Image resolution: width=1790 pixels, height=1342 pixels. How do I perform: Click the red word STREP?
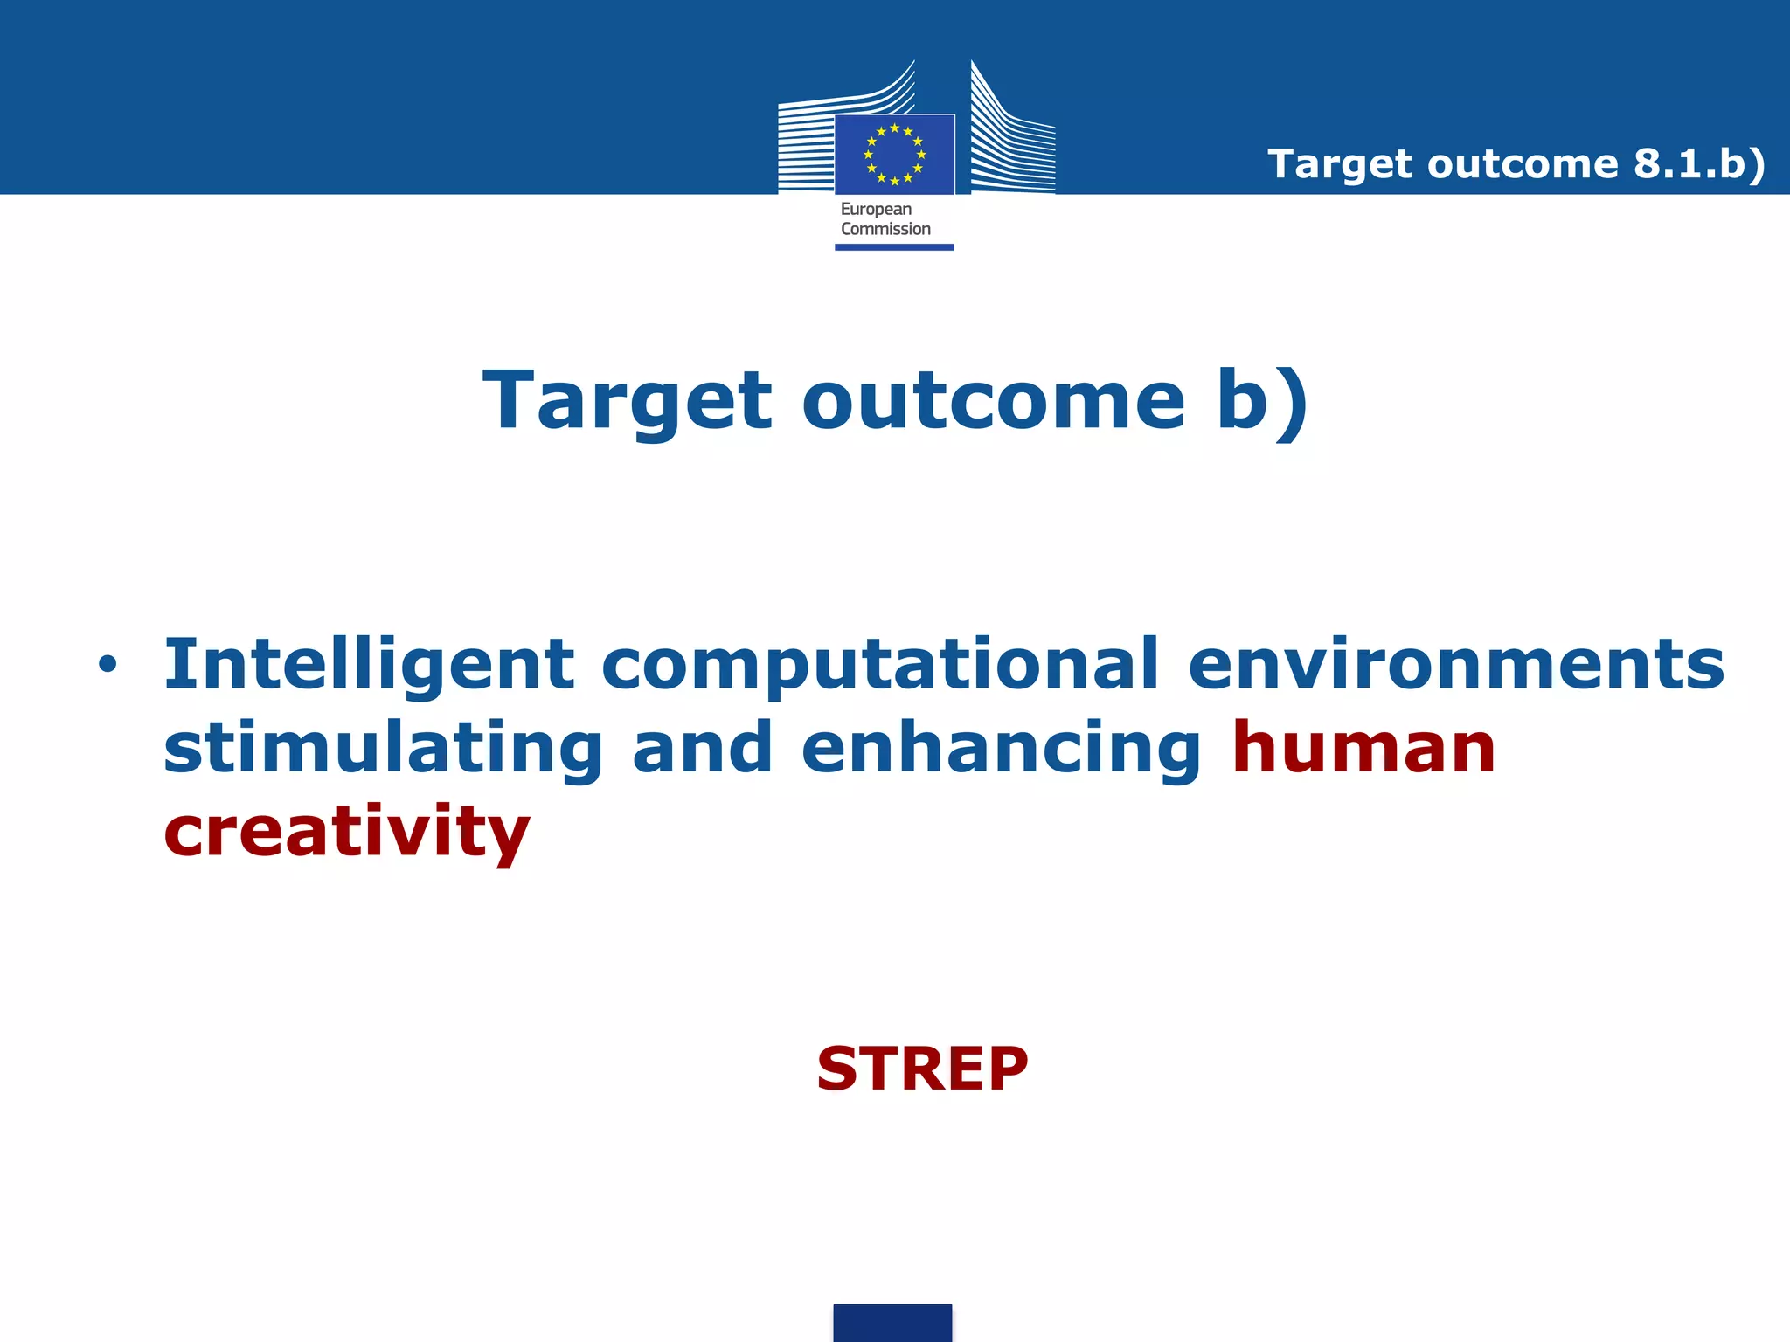pyautogui.click(x=921, y=1069)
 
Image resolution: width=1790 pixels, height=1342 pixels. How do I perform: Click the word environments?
pyautogui.click(x=1456, y=664)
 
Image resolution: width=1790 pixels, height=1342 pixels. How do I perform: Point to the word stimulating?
pyautogui.click(x=383, y=750)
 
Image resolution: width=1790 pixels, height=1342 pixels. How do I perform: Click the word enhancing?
pyautogui.click(x=1002, y=750)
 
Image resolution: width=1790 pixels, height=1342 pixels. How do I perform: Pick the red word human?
pyautogui.click(x=1363, y=748)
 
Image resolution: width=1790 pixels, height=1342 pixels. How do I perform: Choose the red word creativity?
pyautogui.click(x=347, y=832)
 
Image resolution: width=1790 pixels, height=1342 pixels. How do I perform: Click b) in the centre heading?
pyautogui.click(x=1262, y=402)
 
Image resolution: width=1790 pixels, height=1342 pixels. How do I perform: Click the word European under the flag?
pyautogui.click(x=876, y=210)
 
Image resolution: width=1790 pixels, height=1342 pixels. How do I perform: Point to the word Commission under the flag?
pyautogui.click(x=885, y=229)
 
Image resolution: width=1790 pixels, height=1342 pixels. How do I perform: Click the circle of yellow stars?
pyautogui.click(x=894, y=155)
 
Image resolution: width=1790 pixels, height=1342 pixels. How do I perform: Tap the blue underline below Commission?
pyautogui.click(x=894, y=247)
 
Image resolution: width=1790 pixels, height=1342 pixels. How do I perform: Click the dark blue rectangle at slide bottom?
pyautogui.click(x=892, y=1323)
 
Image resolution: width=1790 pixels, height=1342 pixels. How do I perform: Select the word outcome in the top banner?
pyautogui.click(x=1523, y=164)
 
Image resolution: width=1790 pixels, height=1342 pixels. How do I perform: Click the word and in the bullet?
pyautogui.click(x=702, y=750)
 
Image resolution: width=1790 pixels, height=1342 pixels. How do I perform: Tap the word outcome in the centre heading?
pyautogui.click(x=993, y=402)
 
